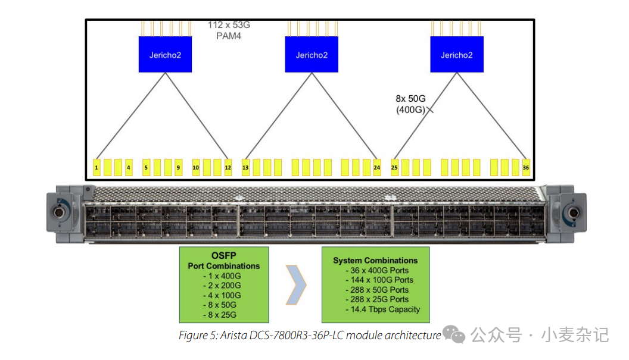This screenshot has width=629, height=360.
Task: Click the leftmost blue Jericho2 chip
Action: pyautogui.click(x=165, y=55)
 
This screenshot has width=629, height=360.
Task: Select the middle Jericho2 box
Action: pyautogui.click(x=312, y=55)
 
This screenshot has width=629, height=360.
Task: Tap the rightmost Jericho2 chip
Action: pyautogui.click(x=456, y=55)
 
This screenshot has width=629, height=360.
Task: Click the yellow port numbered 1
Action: pyautogui.click(x=96, y=167)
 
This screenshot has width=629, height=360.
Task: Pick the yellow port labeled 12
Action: pyautogui.click(x=228, y=167)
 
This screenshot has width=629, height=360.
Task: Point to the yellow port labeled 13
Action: pyautogui.click(x=245, y=167)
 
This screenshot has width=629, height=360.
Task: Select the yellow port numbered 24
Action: pyautogui.click(x=376, y=167)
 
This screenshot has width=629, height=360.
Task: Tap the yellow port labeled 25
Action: pyautogui.click(x=394, y=167)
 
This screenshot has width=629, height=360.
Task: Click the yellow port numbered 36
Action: pyautogui.click(x=526, y=167)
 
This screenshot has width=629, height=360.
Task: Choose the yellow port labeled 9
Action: pyautogui.click(x=178, y=167)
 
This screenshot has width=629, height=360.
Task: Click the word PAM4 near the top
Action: pyautogui.click(x=229, y=36)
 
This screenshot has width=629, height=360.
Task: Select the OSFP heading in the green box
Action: pyautogui.click(x=224, y=256)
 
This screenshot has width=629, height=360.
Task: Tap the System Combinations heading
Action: pyautogui.click(x=375, y=261)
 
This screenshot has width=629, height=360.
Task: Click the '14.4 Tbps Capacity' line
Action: pyautogui.click(x=382, y=309)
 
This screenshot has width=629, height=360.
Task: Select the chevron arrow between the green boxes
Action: pyautogui.click(x=296, y=285)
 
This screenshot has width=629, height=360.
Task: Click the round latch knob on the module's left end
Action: pyautogui.click(x=61, y=213)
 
